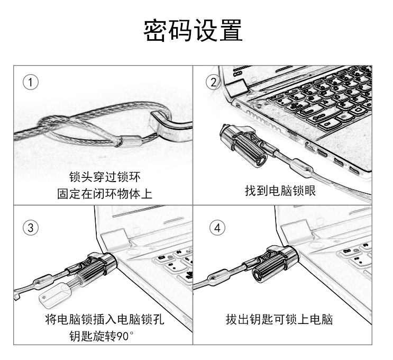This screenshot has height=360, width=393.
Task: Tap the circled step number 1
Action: click(x=32, y=82)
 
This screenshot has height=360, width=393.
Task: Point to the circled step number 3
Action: click(x=31, y=228)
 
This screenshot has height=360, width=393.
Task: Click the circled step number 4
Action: click(x=217, y=228)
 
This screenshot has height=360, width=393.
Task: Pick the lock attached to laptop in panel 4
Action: click(x=275, y=262)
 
